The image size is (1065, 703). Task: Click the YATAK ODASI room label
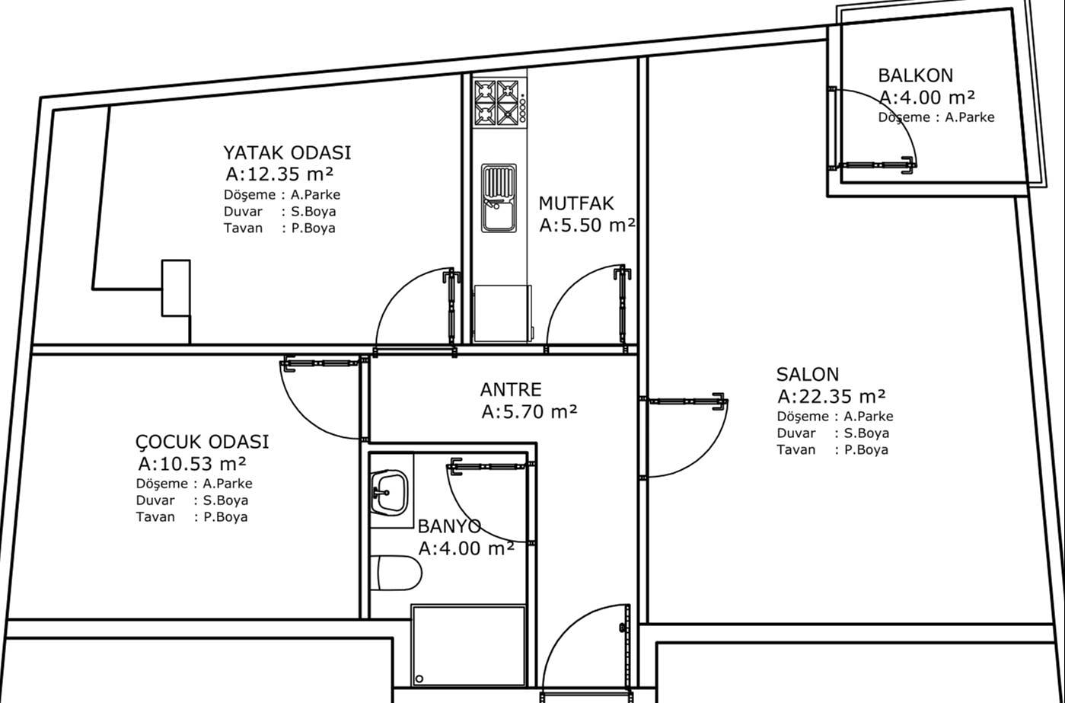coord(287,153)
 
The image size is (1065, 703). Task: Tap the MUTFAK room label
coord(576,203)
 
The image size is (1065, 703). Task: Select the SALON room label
coord(808,375)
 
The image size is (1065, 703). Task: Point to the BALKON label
coord(915,75)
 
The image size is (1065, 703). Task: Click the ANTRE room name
coord(511,390)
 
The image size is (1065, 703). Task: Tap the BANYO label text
coord(449,526)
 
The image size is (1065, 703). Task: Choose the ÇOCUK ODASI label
coord(202,442)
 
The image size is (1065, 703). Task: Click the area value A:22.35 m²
coord(831,396)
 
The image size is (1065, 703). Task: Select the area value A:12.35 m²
coord(279,174)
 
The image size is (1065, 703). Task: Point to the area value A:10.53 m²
coord(192,463)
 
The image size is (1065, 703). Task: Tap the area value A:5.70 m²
coord(529,411)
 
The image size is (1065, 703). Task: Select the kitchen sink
coord(499,198)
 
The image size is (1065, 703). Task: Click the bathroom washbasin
coord(389,493)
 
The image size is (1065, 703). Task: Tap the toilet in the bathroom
coord(396,574)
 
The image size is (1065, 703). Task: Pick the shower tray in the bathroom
coord(469,645)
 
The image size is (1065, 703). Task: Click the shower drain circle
coord(419,679)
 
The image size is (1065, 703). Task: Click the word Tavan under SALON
coord(796,450)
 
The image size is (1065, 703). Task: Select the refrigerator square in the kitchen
coord(503,314)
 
